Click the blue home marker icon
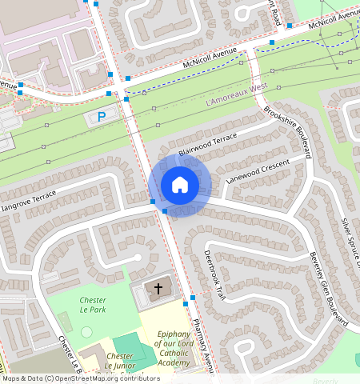[180, 186]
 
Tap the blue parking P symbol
[102, 118]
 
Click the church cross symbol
[158, 288]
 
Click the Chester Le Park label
[93, 305]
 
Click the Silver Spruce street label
[350, 240]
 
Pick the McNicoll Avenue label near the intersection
[210, 58]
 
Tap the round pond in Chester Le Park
[86, 331]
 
